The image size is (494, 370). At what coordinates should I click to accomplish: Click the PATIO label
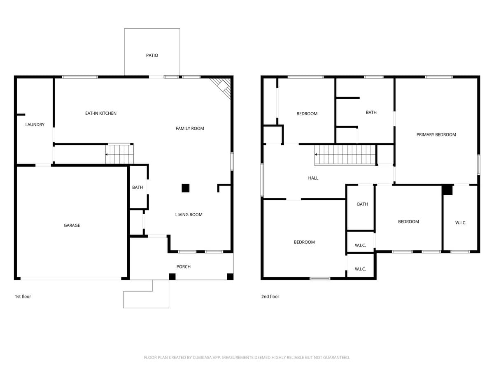tap(152, 55)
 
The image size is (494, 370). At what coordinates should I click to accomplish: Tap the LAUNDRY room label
tap(35, 125)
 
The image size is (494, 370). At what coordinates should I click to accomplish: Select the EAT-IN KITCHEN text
tap(101, 113)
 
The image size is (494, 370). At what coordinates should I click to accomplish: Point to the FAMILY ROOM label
tap(190, 128)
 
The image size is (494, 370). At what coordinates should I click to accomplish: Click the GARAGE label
tap(72, 225)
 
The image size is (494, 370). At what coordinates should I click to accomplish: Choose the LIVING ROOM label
tap(189, 215)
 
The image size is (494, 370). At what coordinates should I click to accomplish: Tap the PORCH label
tap(183, 267)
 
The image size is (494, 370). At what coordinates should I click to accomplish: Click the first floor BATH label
tap(137, 187)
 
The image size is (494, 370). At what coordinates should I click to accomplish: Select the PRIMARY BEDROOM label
tap(436, 134)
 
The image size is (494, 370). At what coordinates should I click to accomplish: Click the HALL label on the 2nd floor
tap(313, 178)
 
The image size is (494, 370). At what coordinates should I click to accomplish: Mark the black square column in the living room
tap(186, 188)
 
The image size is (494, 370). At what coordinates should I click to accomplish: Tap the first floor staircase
tap(119, 154)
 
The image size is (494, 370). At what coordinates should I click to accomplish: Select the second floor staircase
tap(345, 155)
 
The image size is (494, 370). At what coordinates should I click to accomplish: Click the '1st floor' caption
tap(23, 296)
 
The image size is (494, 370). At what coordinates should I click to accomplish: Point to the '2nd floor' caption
tap(270, 296)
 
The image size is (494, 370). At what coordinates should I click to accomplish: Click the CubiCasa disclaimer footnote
tap(247, 358)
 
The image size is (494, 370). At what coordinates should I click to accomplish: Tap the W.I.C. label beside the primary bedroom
tap(461, 222)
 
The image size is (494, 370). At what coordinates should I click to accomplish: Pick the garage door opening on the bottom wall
tap(71, 278)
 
